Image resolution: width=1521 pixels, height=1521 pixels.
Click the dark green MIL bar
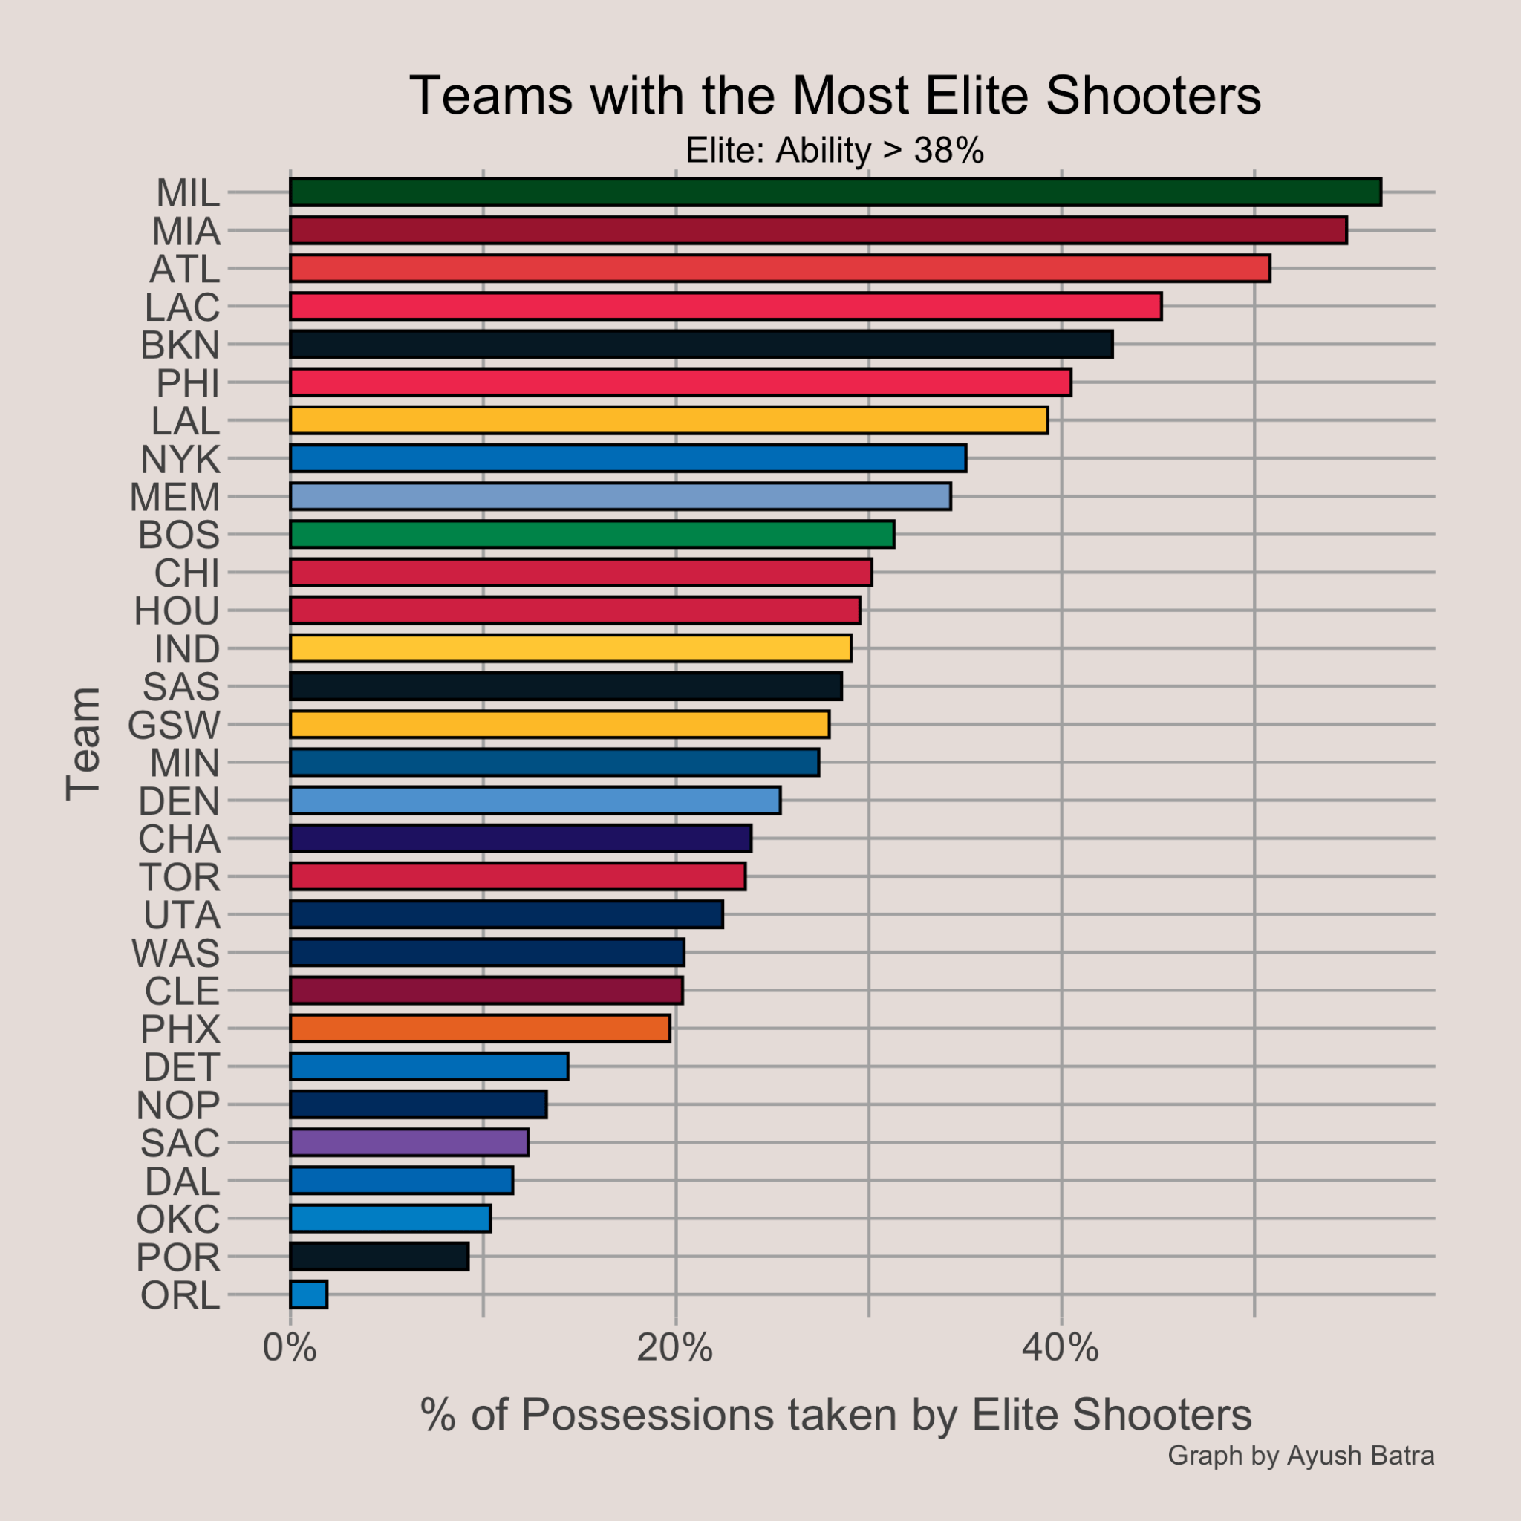point(835,193)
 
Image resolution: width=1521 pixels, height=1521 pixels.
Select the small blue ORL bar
point(309,1295)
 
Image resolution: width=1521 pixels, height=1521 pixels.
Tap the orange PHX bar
point(481,1029)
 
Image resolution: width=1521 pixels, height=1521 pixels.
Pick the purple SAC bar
point(409,1143)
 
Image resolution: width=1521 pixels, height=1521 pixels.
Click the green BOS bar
point(592,535)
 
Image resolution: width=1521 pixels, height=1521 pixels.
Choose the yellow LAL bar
point(669,421)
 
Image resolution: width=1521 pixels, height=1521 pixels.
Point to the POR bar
point(380,1257)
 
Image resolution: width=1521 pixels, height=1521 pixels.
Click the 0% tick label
point(290,1349)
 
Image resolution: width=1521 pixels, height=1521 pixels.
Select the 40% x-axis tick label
point(1061,1349)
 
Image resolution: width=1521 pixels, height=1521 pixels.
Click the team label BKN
point(180,345)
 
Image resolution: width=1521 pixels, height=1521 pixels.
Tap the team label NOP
point(178,1106)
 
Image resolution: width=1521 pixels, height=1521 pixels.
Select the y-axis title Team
point(83,744)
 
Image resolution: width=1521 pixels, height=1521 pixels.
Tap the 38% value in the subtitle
point(948,150)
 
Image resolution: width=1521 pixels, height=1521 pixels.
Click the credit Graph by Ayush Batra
point(1300,1455)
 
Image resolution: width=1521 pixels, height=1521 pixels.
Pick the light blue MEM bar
point(620,497)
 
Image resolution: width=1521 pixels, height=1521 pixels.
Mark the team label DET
point(181,1068)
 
